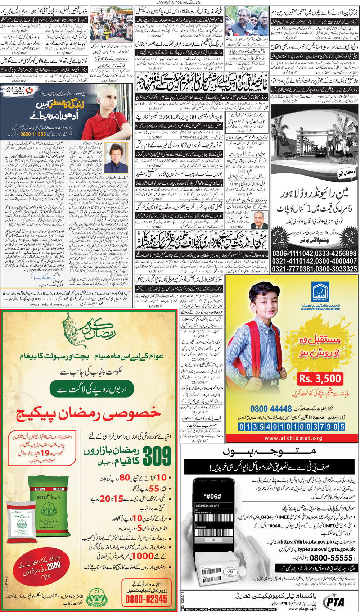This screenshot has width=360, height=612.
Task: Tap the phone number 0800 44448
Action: tap(271, 409)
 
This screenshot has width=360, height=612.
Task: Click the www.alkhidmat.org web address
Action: tap(293, 438)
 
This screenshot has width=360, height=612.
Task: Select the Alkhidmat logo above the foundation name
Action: tap(320, 293)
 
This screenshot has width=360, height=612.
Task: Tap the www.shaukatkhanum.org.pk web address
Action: tap(51, 304)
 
